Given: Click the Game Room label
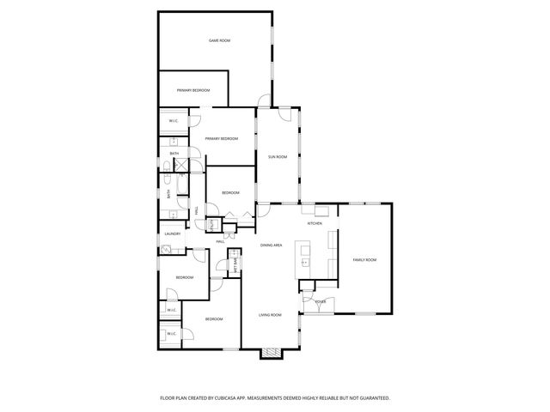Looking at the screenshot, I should tap(220, 40).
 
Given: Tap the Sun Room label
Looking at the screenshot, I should tap(277, 156).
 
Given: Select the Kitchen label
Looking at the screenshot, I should tap(315, 223).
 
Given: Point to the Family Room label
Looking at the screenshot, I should tap(365, 259).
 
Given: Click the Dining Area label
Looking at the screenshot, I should tap(272, 246).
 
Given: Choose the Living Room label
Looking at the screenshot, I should tap(270, 315).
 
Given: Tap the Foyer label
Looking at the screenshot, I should tap(321, 301).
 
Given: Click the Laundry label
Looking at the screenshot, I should tap(172, 233).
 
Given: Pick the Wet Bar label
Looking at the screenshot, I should tap(235, 266).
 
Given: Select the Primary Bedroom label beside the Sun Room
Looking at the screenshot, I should tap(221, 138).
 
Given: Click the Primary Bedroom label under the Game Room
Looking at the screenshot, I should tap(193, 90).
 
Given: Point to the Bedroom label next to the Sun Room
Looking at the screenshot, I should tap(230, 193).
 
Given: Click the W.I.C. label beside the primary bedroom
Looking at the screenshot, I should tap(173, 121).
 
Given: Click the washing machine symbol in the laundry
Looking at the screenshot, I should tap(167, 250).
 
